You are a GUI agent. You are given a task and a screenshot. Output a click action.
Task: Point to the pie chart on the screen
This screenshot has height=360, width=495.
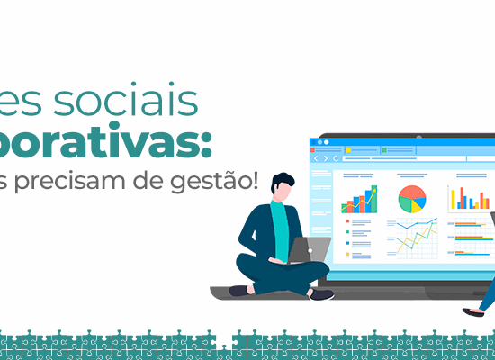click(x=411, y=199)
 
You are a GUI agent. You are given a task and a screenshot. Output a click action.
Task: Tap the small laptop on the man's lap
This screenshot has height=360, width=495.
click(x=310, y=250)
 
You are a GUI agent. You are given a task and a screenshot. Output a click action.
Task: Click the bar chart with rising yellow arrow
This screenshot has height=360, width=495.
click(x=360, y=199)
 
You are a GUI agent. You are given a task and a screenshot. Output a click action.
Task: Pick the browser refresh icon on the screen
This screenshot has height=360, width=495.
click(x=335, y=158)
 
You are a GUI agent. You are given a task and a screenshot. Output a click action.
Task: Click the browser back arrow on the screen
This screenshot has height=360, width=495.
click(x=316, y=158)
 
